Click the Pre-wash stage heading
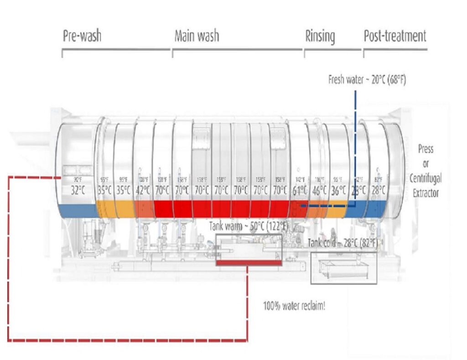(x=82, y=37)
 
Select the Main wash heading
(x=197, y=36)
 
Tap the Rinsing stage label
(x=320, y=37)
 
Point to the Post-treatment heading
(x=394, y=36)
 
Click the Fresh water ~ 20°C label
(x=367, y=80)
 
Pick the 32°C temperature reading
(x=78, y=190)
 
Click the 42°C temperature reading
(x=143, y=190)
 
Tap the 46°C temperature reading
(x=318, y=190)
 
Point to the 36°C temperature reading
(x=338, y=190)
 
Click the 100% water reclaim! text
(x=294, y=306)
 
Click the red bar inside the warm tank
(x=249, y=262)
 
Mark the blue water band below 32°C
(x=78, y=210)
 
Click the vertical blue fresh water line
(x=355, y=137)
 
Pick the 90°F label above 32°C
(x=78, y=179)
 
